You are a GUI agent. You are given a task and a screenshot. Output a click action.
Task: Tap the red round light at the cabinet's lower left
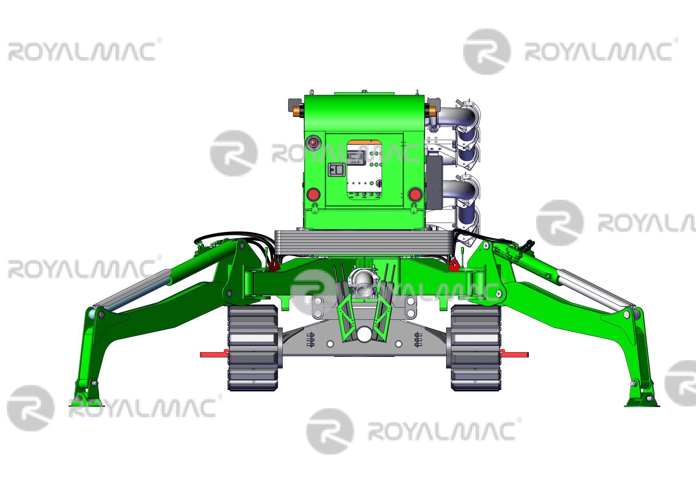tap(313, 194)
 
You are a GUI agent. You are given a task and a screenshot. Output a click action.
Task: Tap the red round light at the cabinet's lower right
tap(415, 194)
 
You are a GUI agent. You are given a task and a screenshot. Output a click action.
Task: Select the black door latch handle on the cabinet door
tap(337, 170)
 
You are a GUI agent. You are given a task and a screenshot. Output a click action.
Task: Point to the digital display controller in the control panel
tap(356, 158)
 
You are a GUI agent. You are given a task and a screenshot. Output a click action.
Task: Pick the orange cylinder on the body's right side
tap(432, 111)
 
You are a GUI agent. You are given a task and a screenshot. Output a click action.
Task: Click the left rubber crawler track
tap(253, 348)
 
